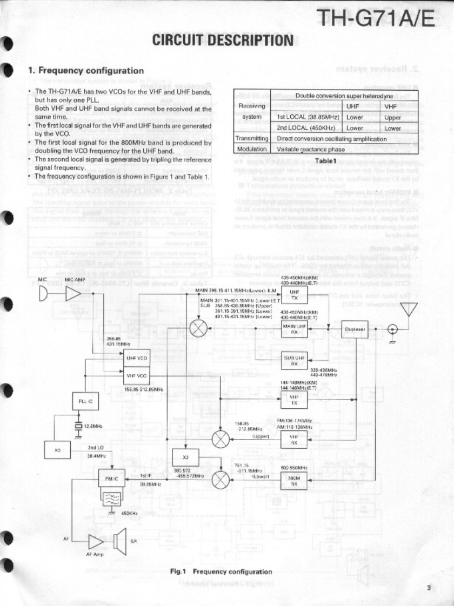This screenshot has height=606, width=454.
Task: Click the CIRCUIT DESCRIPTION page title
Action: [x=223, y=40]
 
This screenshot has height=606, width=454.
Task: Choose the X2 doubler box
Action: [x=185, y=457]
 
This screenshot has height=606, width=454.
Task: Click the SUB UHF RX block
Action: [x=294, y=360]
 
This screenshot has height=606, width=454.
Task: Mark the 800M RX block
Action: [x=294, y=482]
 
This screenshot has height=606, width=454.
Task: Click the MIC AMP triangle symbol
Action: [x=74, y=294]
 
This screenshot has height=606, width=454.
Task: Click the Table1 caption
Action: [x=326, y=160]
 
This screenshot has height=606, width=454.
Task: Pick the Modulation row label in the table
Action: [x=252, y=149]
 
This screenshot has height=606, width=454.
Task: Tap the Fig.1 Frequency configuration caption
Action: [x=221, y=571]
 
